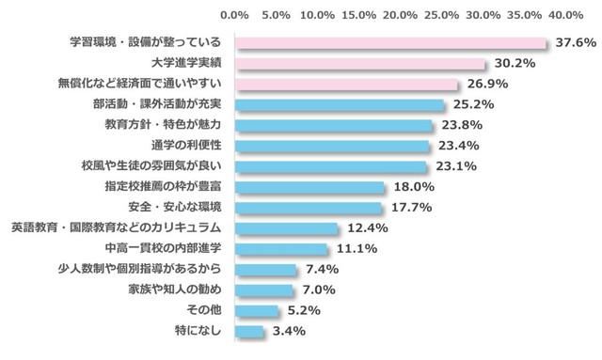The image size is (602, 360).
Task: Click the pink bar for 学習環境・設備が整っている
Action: click(390, 43)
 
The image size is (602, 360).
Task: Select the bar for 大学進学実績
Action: click(359, 64)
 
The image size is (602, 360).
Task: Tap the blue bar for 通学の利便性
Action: click(331, 146)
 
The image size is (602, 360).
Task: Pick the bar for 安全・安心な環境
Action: click(308, 208)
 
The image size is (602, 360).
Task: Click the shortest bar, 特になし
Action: click(248, 331)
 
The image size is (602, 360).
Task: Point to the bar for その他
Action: click(256, 310)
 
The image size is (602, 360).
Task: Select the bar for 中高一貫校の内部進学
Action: click(280, 249)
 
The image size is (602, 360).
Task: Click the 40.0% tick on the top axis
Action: click(566, 16)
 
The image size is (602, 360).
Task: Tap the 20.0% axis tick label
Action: click(400, 16)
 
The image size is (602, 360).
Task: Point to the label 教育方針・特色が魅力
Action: click(163, 125)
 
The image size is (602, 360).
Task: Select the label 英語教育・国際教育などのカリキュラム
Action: click(116, 228)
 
